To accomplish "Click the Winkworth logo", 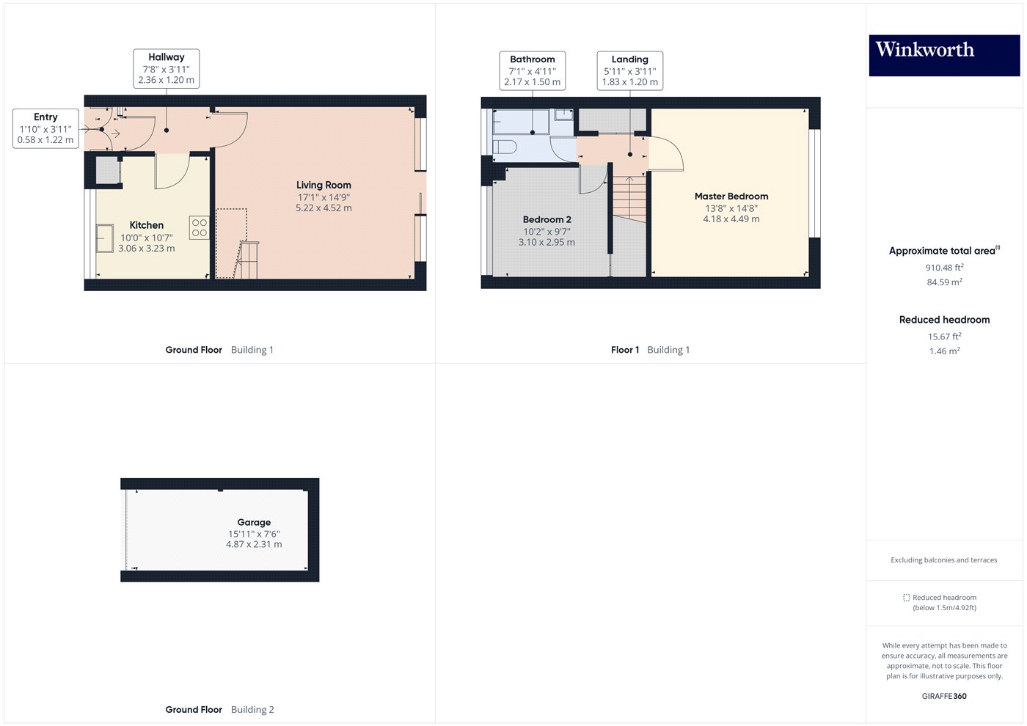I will click(943, 55).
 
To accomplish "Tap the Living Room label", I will click(324, 186).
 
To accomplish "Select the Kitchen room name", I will click(147, 225).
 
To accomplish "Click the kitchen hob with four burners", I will click(200, 228).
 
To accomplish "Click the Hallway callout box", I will click(167, 68).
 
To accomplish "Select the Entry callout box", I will click(45, 128).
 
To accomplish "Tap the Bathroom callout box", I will click(533, 70).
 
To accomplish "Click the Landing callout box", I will click(630, 70).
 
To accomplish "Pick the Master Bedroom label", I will click(731, 197).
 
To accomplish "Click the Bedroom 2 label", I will click(547, 219).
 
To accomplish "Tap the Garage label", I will click(254, 522).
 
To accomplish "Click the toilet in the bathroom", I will click(504, 146).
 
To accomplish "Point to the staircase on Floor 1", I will click(629, 198).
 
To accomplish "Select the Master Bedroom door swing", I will click(667, 154).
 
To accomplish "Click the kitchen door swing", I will click(173, 170).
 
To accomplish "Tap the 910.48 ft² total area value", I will click(944, 268).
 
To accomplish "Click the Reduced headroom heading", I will click(944, 320).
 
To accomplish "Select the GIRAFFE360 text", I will click(944, 696).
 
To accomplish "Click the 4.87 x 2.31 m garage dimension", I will click(254, 544).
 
